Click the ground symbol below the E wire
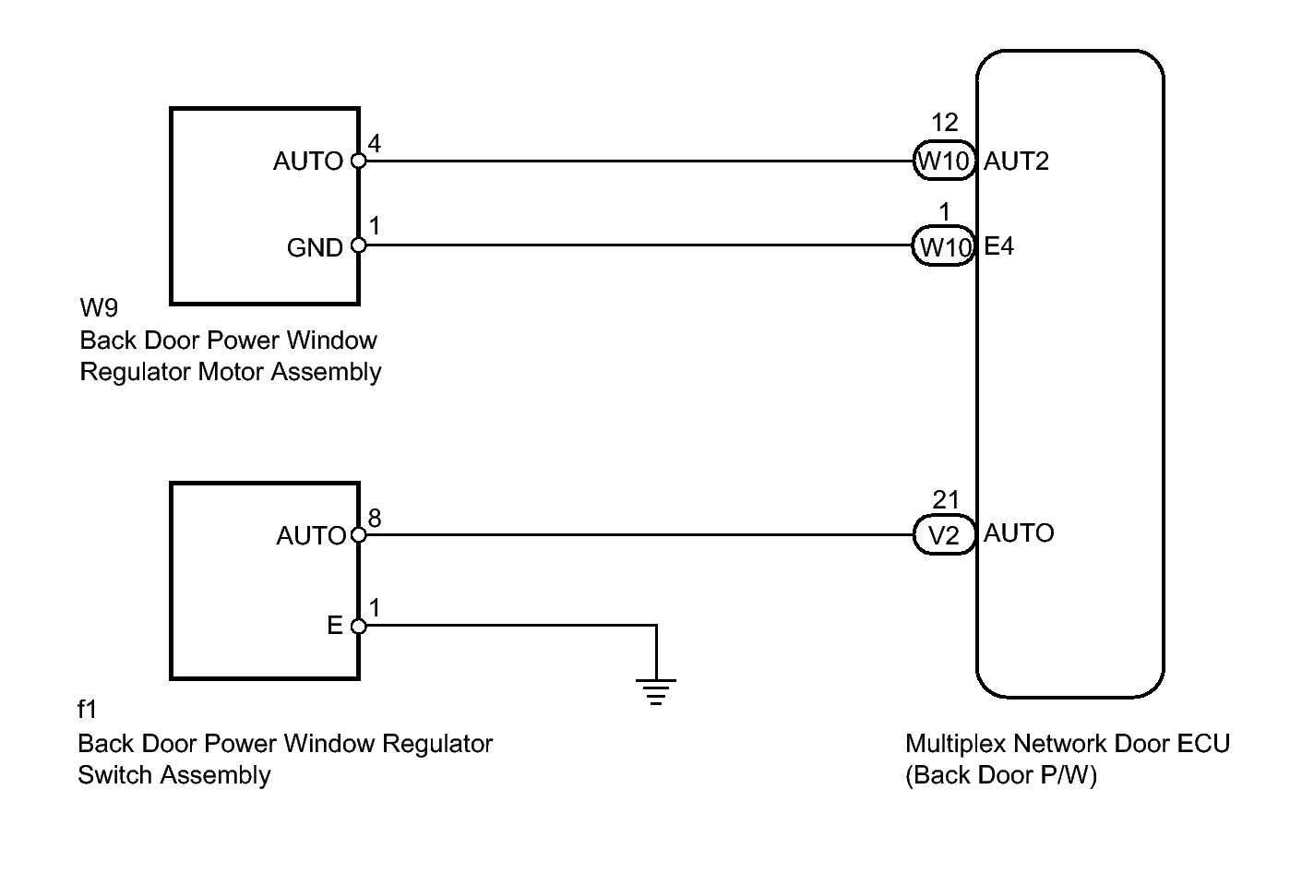(656, 691)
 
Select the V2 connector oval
(944, 535)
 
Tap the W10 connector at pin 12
(944, 161)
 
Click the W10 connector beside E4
(944, 246)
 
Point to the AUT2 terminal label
(1016, 161)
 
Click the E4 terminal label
(999, 246)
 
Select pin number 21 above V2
(946, 500)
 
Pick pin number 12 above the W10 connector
(945, 123)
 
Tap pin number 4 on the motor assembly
(375, 143)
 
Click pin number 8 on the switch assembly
(375, 519)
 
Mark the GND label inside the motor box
(315, 248)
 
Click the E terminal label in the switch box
(335, 627)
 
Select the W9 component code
(99, 307)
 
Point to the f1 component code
(88, 710)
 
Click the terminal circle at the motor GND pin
(359, 246)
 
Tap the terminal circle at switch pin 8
(359, 534)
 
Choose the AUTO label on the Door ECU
(1019, 533)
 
